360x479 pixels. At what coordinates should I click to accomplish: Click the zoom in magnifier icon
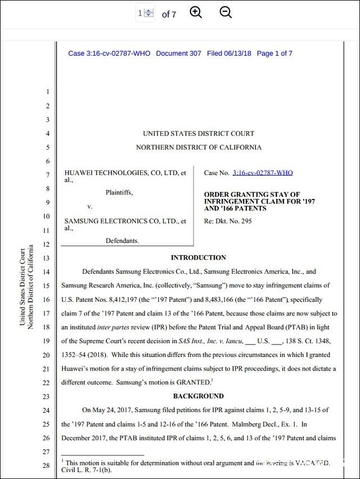196,13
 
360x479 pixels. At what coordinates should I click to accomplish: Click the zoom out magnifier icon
226,13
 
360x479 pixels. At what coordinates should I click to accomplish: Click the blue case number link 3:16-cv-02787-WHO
262,173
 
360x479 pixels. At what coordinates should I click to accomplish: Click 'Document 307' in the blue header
178,53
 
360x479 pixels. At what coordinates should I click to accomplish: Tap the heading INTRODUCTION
199,257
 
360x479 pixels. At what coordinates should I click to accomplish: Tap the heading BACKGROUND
199,396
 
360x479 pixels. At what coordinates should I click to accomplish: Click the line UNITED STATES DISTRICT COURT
199,134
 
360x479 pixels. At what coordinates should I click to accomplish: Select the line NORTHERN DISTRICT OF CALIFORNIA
199,147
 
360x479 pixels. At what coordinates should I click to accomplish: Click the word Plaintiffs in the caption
119,193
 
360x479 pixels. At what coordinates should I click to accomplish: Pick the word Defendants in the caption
122,241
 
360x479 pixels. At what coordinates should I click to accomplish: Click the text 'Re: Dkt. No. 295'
228,221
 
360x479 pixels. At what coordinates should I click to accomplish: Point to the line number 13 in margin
47,258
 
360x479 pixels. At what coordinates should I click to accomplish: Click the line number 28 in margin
47,466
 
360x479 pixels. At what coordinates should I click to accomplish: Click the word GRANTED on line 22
192,382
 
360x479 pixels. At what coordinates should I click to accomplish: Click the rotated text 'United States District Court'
22,287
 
